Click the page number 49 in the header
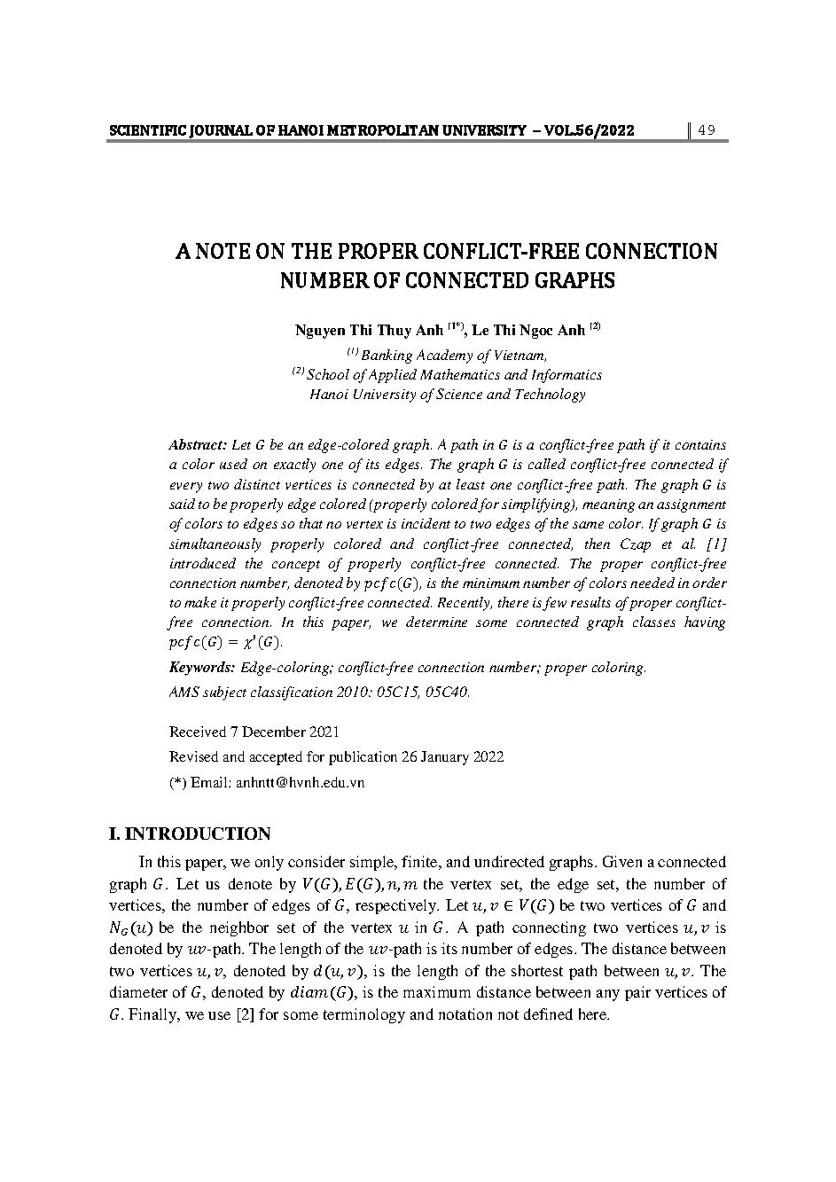[707, 131]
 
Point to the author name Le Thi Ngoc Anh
[527, 331]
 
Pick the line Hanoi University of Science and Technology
[447, 395]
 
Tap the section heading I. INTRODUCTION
[189, 834]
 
